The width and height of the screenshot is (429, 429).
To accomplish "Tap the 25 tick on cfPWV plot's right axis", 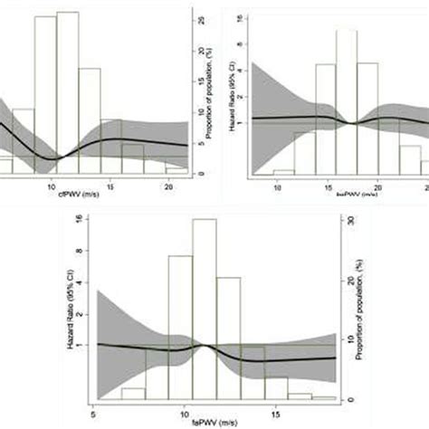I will click(x=202, y=18).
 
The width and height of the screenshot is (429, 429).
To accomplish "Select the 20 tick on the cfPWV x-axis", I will click(x=169, y=184).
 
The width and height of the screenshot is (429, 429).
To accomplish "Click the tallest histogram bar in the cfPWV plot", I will click(x=66, y=91).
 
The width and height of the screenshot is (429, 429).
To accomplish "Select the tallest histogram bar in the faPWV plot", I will click(x=204, y=308).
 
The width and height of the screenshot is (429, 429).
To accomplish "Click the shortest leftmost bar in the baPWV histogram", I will click(x=283, y=172).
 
